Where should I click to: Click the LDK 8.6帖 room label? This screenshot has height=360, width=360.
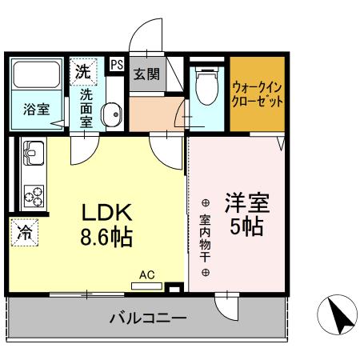tap(106, 224)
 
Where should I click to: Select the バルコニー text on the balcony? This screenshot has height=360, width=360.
tap(148, 318)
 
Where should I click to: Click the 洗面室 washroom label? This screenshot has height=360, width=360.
tap(87, 108)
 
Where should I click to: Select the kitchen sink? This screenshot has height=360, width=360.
tap(34, 150)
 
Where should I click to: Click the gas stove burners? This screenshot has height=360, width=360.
tap(34, 194)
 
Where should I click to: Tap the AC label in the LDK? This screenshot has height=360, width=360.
tap(147, 274)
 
